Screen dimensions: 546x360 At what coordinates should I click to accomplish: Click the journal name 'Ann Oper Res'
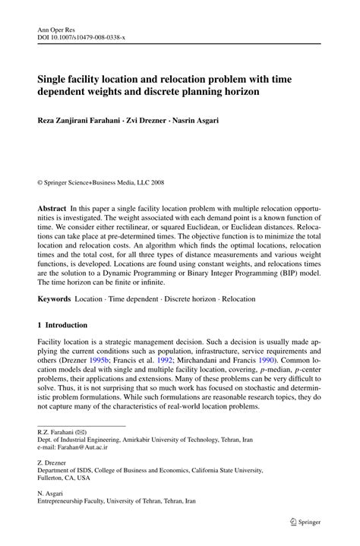[57, 26]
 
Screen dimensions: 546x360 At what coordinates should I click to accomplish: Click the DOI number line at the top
[78, 35]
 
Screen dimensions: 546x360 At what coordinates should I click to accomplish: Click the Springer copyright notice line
[101, 183]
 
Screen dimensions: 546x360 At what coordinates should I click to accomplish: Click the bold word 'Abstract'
[52, 208]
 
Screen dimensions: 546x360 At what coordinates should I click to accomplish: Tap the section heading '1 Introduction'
[62, 325]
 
